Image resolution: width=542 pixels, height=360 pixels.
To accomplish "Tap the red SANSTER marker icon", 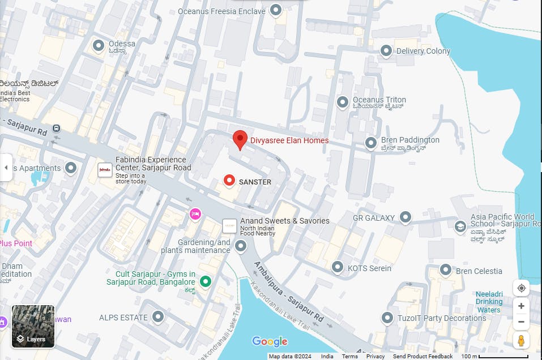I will (229, 181).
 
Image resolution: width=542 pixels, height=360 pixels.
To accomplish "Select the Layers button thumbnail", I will (33, 327).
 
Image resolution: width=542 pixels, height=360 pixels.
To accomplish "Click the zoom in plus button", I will (521, 306).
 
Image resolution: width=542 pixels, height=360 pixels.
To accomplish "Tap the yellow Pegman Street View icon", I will (521, 340).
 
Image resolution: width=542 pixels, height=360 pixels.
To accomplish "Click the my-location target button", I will (521, 288).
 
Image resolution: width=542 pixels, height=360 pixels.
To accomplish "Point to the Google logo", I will (270, 341).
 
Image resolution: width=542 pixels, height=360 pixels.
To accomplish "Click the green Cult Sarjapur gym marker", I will (206, 281).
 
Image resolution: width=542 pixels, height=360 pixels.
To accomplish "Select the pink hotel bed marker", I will (195, 214).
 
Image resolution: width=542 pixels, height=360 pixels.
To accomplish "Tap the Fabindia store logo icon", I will (105, 169).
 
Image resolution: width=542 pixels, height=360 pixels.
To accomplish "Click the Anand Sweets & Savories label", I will (284, 221).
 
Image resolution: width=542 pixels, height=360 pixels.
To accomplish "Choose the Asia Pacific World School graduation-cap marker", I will (460, 226).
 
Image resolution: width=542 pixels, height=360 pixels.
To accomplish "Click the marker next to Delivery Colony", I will (386, 51).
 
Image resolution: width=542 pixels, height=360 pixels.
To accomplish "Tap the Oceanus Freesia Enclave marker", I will (276, 10).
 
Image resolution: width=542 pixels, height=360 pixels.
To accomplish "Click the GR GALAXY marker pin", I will (405, 217).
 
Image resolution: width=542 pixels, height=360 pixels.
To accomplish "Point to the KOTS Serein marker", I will (338, 267).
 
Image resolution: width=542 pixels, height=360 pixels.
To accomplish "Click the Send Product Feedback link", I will (422, 356).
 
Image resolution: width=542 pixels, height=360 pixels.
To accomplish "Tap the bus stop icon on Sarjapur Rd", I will (56, 128).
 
